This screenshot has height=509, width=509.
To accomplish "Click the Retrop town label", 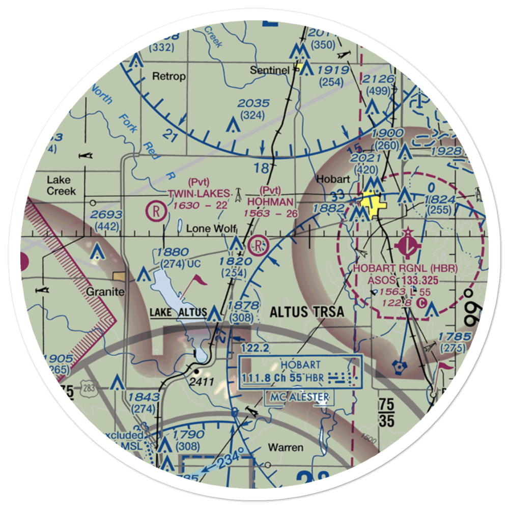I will (169, 76).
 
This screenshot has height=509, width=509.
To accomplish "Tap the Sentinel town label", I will (269, 70).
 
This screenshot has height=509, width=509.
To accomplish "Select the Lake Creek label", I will (61, 185).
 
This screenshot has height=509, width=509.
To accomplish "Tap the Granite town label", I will (104, 292).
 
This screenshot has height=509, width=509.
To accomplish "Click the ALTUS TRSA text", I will (307, 312).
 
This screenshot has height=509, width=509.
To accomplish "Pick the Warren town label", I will (286, 448).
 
